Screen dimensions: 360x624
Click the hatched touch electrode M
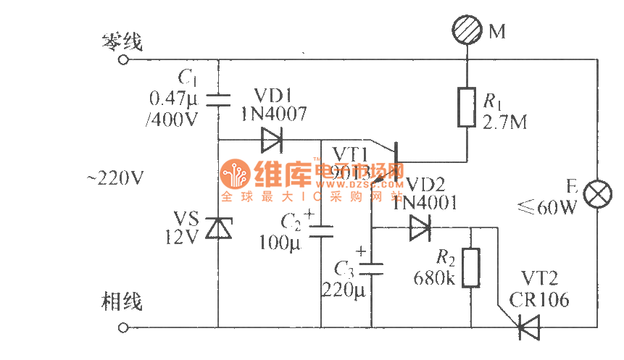click(467, 32)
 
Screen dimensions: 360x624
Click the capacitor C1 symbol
click(218, 99)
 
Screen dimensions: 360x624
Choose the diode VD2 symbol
click(421, 228)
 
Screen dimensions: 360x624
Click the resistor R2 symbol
click(472, 267)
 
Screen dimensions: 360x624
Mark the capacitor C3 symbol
click(372, 268)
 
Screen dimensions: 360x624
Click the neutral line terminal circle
click(123, 61)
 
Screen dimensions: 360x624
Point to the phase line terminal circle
click(123, 327)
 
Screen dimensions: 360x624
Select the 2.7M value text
click(504, 122)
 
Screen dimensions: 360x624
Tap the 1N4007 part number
click(273, 114)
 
